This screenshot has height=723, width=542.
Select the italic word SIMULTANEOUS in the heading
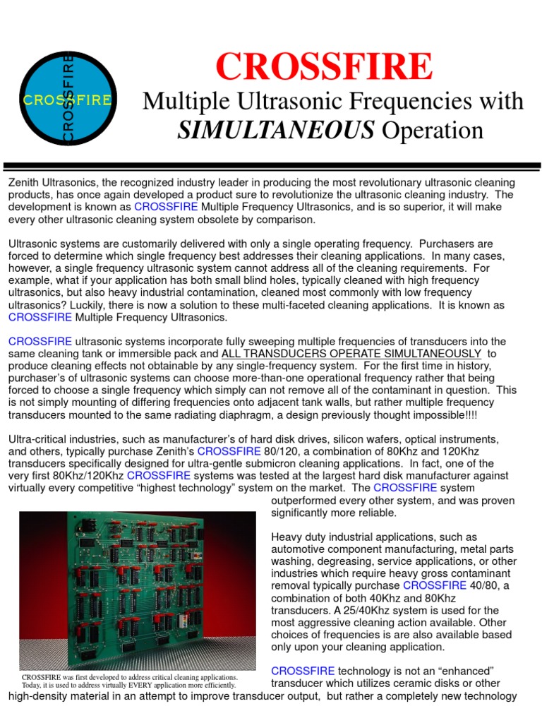pos(276,130)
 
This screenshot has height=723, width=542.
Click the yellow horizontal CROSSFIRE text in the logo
pos(67,100)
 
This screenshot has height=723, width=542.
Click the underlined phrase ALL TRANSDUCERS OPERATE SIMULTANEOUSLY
pos(351,354)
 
